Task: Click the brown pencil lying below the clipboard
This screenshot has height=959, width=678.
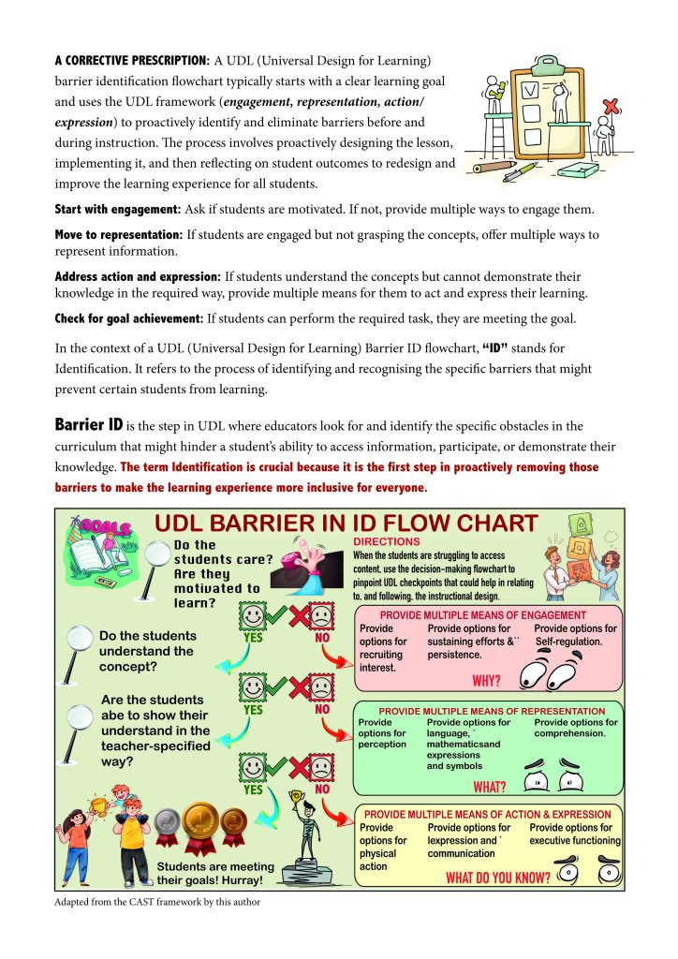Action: [x=494, y=169]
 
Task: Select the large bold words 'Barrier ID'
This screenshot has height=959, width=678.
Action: [x=89, y=425]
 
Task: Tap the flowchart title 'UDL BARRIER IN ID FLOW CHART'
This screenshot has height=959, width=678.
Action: [x=346, y=524]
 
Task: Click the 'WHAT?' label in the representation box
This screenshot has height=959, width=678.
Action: [x=491, y=786]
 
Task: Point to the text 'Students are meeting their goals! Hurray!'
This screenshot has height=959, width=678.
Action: [x=215, y=873]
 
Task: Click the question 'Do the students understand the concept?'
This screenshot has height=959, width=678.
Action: [x=146, y=651]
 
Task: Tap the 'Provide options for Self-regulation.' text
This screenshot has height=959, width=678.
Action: [x=575, y=635]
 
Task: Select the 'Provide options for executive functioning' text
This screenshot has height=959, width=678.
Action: [x=574, y=834]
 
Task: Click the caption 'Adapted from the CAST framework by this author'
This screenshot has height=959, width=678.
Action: [x=156, y=903]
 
